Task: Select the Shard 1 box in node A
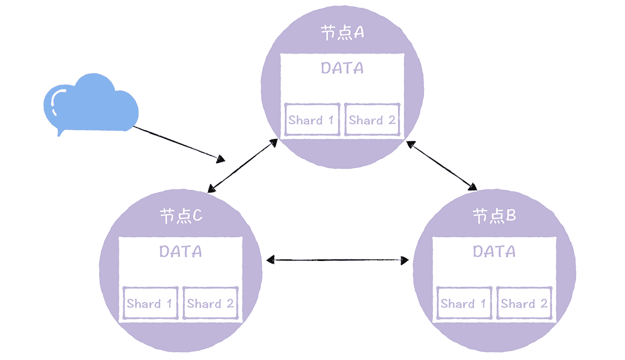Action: pos(311,120)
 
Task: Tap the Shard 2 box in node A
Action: pos(372,120)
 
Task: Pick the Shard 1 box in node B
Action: pos(464,304)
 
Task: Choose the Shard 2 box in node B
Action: pos(524,304)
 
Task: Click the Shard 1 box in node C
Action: pos(150,304)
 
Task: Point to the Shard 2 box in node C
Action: pos(211,304)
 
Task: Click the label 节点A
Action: pos(342,33)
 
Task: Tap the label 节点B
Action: pos(494,216)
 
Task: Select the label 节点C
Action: pos(181,216)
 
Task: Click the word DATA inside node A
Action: pos(342,68)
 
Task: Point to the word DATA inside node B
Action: pos(494,252)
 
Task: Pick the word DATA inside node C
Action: pos(181,252)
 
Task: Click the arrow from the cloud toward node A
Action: pos(178,143)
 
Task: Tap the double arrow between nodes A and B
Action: pos(442,165)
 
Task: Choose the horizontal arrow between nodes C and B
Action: pos(337,260)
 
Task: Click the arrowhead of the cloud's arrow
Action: pos(221,159)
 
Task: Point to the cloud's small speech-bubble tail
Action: pos(60,133)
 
